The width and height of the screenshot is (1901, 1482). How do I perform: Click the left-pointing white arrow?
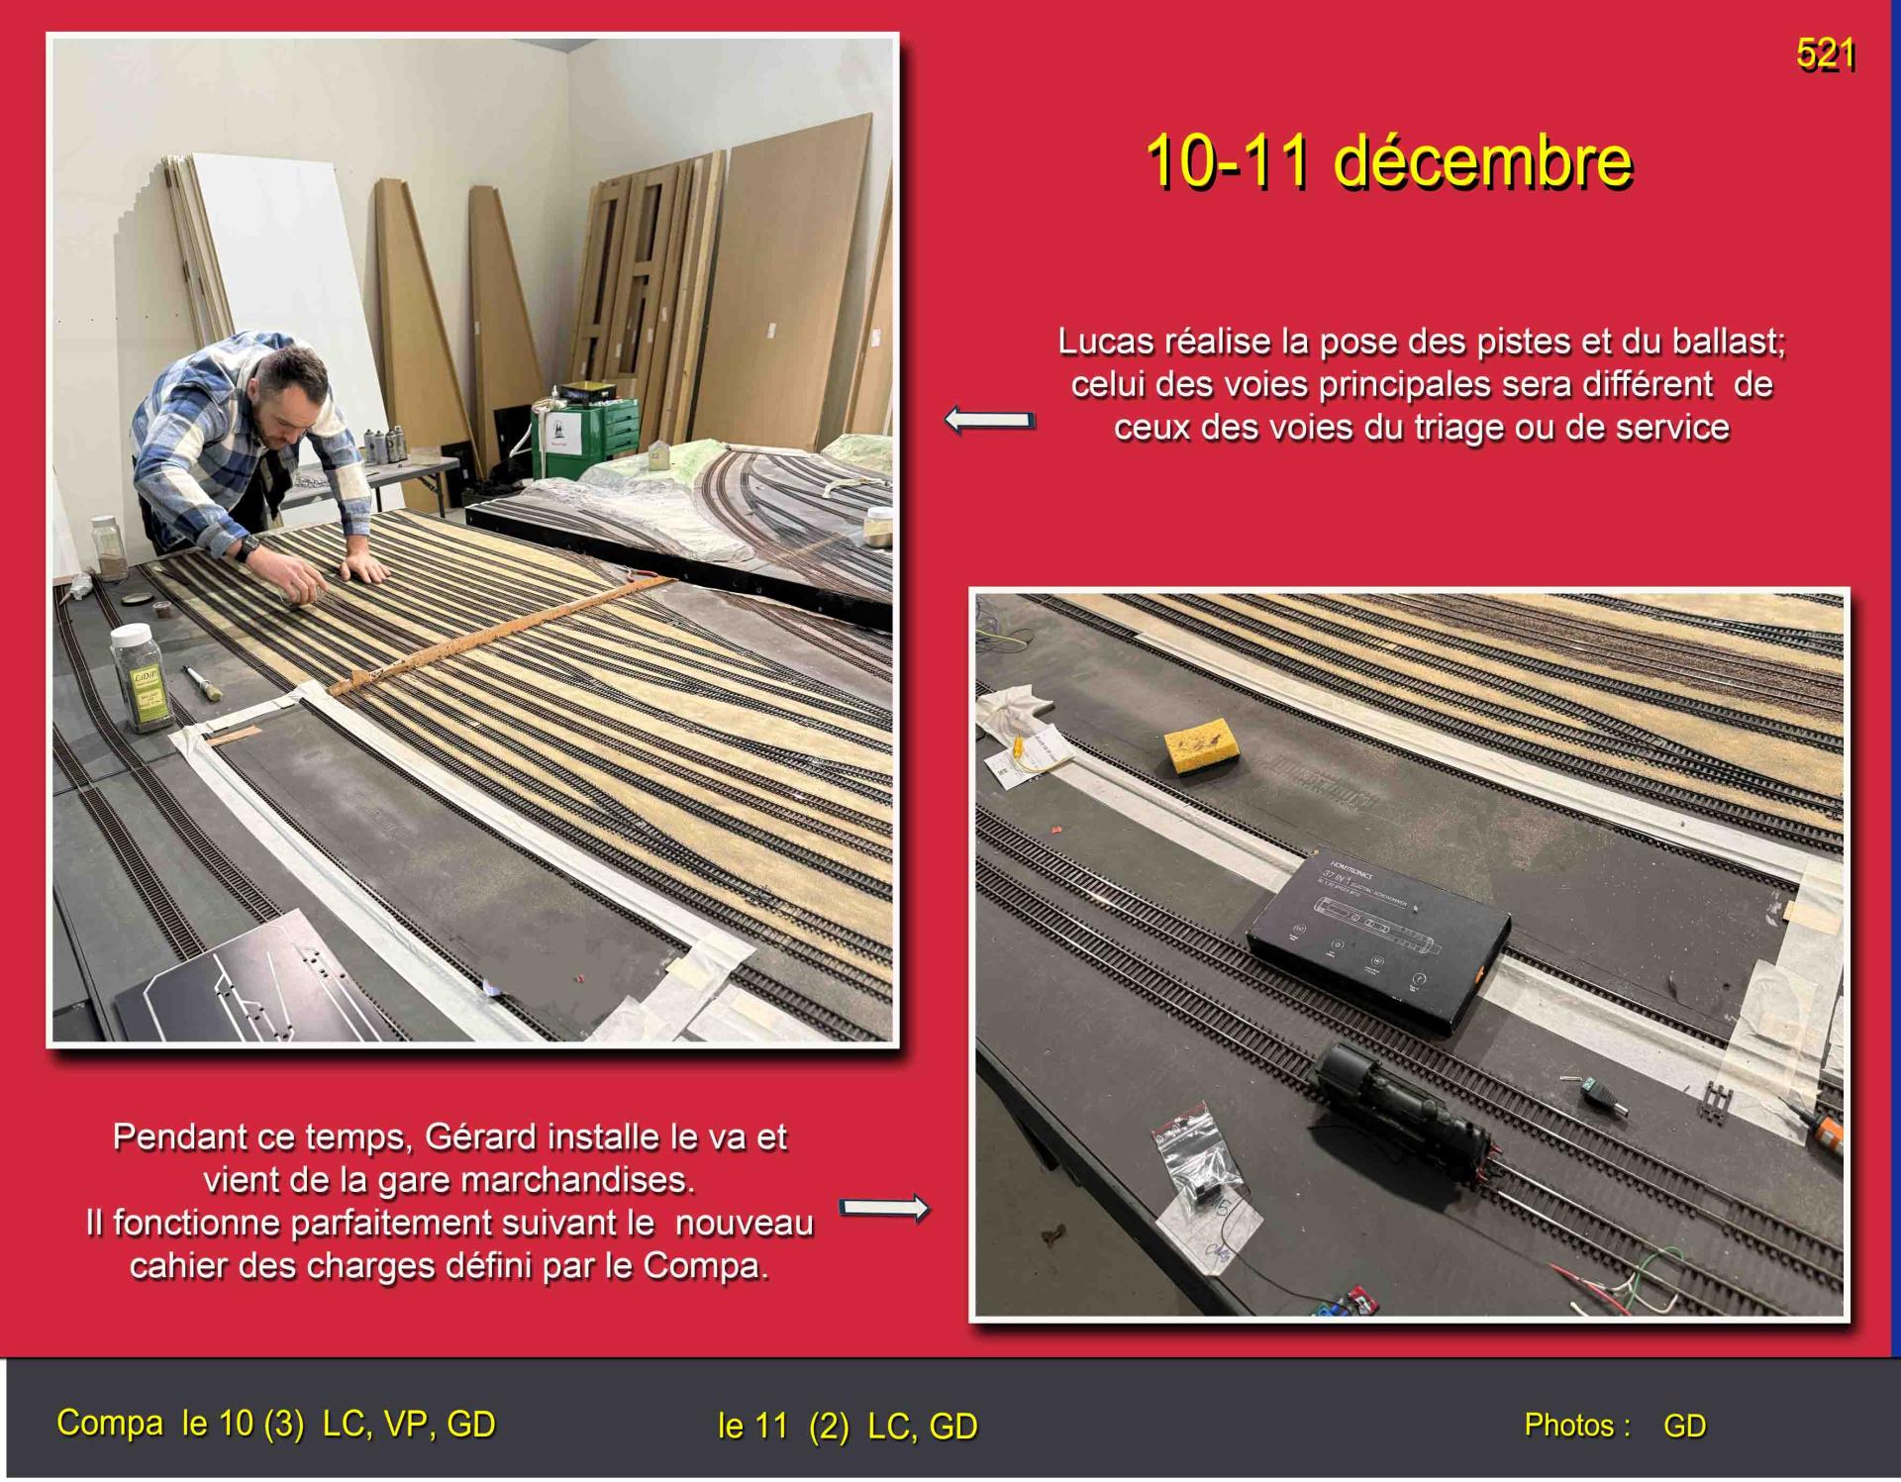[x=989, y=420]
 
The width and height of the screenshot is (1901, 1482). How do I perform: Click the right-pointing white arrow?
[x=884, y=1208]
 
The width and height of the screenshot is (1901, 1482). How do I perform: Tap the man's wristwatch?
[x=249, y=545]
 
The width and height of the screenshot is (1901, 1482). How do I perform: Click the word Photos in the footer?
[x=1577, y=1426]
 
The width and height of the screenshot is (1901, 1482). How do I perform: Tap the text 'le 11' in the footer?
[x=752, y=1427]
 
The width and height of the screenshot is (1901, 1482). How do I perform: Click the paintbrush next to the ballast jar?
[x=203, y=684]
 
